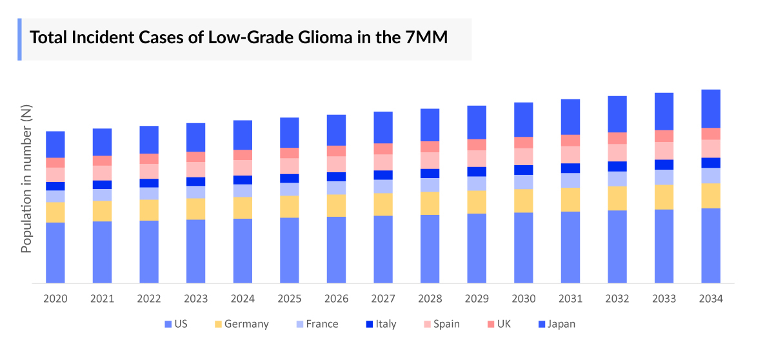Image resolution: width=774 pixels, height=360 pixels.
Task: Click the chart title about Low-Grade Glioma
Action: pos(239,37)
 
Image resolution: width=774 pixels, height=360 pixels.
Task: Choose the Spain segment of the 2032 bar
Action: pos(617,152)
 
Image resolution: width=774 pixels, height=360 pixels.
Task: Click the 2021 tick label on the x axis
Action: pos(102,299)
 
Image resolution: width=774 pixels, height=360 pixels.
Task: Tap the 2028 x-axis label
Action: pos(430,299)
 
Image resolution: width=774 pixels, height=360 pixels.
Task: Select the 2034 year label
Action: pos(710,299)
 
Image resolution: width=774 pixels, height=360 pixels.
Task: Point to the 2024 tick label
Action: pos(243,299)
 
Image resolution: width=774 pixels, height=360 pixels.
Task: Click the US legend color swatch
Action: pos(168,325)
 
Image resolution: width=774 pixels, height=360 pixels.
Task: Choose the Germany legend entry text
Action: pos(247,325)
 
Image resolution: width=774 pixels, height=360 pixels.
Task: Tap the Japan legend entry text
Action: pos(561,325)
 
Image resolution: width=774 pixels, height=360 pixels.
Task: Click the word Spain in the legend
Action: pos(446,325)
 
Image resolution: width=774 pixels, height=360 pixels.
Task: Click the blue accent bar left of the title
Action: pos(19,39)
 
